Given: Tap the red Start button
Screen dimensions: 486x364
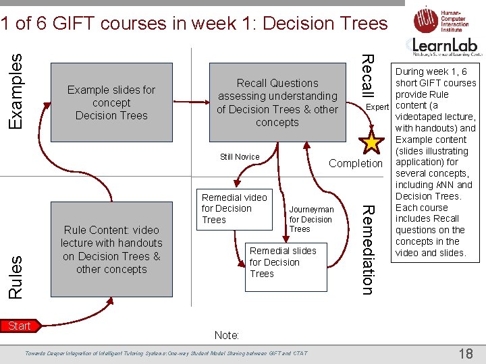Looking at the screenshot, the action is click(19, 326).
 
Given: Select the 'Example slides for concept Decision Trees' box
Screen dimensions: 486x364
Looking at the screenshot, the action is click(111, 102).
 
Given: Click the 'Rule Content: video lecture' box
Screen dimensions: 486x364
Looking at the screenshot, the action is click(111, 249).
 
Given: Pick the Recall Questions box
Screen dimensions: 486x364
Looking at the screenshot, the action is click(277, 102).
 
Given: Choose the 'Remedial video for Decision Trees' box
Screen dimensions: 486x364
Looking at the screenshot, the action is click(234, 208).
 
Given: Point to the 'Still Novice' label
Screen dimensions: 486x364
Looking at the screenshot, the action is click(240, 157).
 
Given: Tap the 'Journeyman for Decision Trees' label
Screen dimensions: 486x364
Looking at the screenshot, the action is click(311, 219).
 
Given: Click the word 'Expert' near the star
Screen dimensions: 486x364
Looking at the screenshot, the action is click(377, 107).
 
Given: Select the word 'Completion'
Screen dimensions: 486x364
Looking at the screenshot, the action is click(355, 163).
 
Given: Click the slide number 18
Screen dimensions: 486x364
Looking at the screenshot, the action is click(466, 353).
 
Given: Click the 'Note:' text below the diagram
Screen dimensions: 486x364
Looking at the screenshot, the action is click(226, 335).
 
